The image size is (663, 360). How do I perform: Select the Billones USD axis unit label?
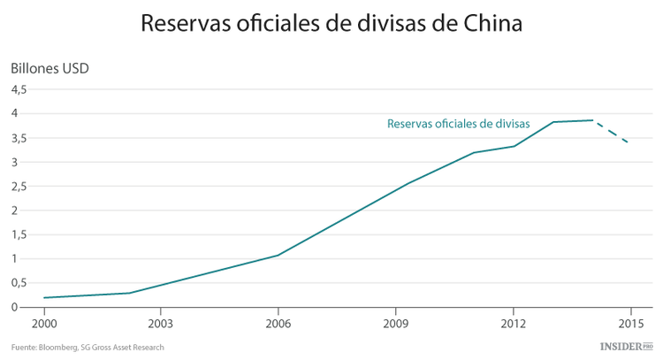point(50,69)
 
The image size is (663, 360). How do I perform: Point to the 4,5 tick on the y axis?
point(19,89)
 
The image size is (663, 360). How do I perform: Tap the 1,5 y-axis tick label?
point(19,234)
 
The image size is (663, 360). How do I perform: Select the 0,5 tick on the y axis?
point(19,283)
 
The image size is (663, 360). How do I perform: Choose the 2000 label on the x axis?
point(42,323)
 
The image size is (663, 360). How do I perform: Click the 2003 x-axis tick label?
point(160,323)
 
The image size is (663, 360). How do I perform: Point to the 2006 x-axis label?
point(278,323)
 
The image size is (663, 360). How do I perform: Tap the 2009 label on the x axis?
point(395,323)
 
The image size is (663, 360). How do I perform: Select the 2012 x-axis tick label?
point(513,323)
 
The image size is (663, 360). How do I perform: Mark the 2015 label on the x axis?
point(630,323)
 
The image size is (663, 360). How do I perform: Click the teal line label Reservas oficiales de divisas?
point(458,125)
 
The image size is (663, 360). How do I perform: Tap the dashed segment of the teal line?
point(612,132)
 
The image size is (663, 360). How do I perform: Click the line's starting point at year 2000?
point(43,297)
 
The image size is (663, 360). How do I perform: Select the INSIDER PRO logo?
point(624,347)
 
